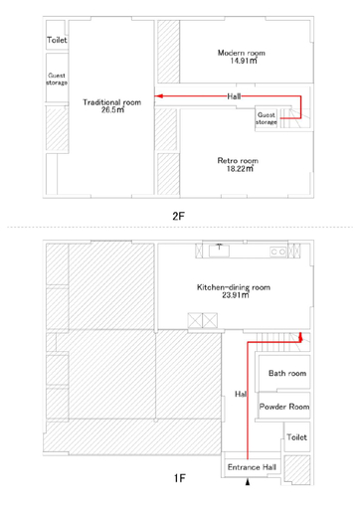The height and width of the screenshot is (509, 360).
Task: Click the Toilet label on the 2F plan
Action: coord(57,40)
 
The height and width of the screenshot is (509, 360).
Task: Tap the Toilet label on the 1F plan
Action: coord(297,437)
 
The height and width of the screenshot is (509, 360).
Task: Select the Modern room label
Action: coord(242,53)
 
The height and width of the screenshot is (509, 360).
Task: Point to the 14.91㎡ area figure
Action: coord(244,61)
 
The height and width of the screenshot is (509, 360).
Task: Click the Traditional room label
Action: coord(112,102)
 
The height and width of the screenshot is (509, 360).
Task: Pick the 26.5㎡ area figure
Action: coord(112,109)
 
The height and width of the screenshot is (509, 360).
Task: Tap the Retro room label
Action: coord(238,161)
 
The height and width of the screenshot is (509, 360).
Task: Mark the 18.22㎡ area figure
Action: coord(240,169)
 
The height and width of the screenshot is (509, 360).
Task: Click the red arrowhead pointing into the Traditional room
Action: coord(159,96)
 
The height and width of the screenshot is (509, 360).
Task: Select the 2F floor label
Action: coord(178,216)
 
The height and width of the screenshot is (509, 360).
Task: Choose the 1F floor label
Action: coord(180,478)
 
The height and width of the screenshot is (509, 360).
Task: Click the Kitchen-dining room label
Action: coord(234,287)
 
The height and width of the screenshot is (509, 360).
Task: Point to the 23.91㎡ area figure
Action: coord(236,295)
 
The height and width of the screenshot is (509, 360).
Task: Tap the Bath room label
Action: coord(287,374)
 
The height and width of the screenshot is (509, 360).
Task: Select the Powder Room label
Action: coord(284,407)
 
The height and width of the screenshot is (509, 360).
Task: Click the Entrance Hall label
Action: coord(252,467)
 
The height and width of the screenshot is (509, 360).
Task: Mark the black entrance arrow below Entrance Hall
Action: coord(248,482)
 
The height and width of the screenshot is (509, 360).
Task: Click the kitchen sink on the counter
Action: coord(219,251)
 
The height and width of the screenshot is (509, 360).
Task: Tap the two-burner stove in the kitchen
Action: coord(278,252)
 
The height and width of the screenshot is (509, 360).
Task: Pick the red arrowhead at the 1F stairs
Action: coord(300,336)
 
